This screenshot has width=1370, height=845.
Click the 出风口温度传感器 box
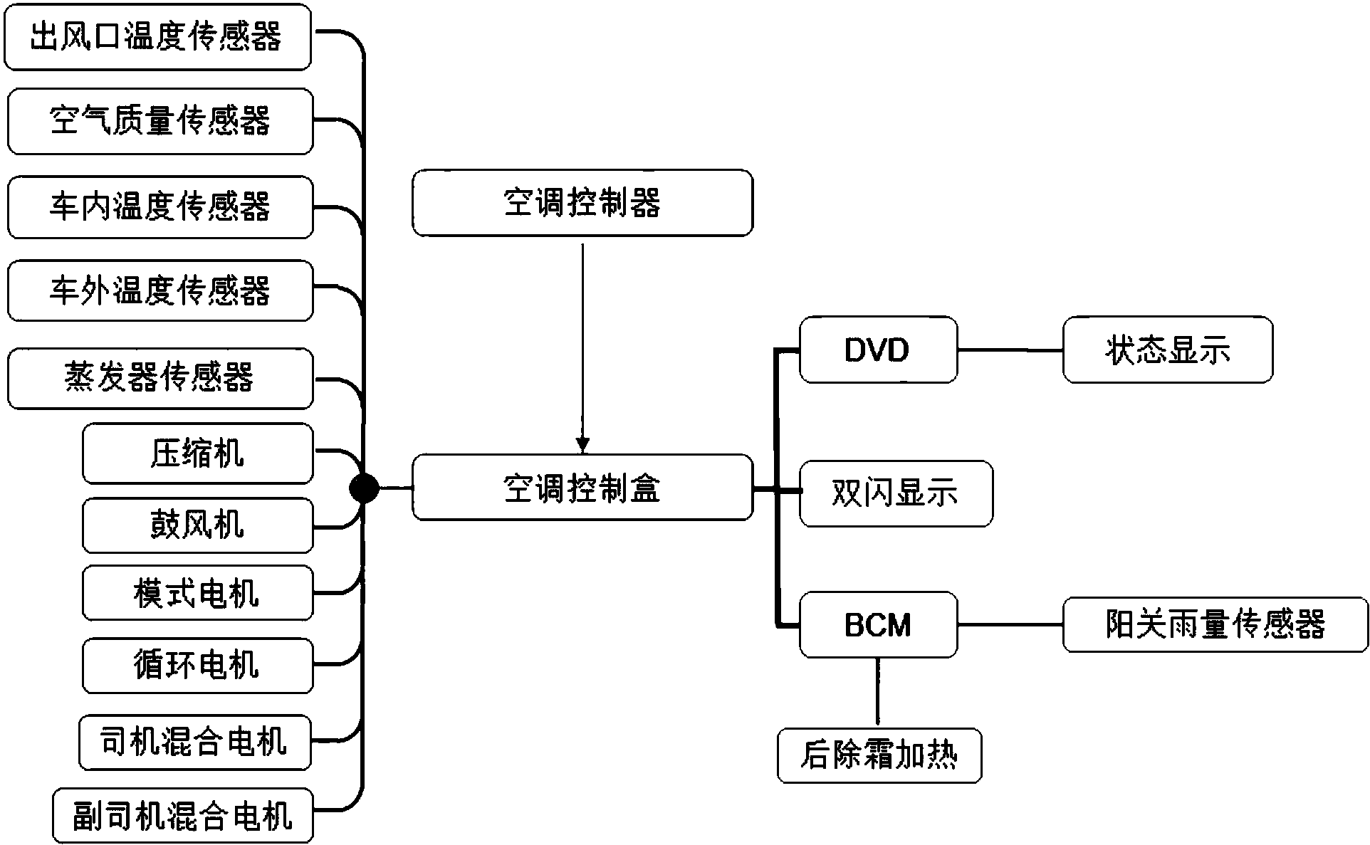(157, 37)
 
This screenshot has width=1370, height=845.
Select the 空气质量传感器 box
(160, 121)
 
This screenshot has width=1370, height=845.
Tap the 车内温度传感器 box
(160, 207)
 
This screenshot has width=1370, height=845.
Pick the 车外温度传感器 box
(160, 290)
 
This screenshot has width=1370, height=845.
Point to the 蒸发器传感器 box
(160, 378)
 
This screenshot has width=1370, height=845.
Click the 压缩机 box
(197, 453)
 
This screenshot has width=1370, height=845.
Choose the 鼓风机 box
(197, 525)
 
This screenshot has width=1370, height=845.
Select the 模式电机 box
(197, 593)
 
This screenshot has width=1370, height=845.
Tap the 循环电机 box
(197, 666)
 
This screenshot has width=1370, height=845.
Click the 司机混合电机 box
(194, 742)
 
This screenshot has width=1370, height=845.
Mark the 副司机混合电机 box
(182, 815)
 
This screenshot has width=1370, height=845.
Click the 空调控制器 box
(582, 203)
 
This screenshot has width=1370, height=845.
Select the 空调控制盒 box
(582, 488)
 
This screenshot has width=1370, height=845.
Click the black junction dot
(364, 488)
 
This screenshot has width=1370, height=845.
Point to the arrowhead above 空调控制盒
(582, 446)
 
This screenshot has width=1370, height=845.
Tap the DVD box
(877, 350)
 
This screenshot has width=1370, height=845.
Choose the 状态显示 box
(1167, 350)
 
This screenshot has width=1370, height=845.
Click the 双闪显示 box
(896, 493)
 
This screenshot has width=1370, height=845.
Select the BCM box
(877, 624)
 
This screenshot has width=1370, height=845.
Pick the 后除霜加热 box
(879, 755)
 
